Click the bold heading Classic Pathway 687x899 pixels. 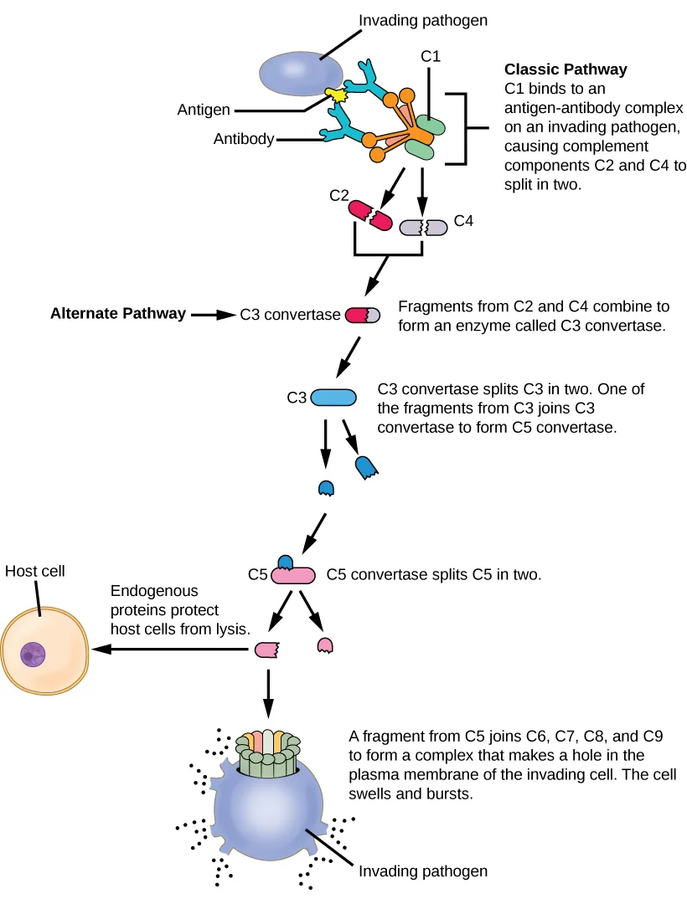tap(565, 69)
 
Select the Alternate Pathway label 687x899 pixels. tap(118, 314)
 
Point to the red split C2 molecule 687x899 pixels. tap(370, 214)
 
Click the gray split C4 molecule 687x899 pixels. tap(425, 227)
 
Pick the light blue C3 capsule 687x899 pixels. tap(334, 398)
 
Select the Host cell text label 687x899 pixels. tap(34, 572)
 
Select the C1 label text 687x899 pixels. tap(430, 56)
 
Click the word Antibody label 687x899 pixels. tap(244, 139)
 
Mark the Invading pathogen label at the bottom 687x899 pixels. tap(423, 871)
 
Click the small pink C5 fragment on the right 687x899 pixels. tap(324, 644)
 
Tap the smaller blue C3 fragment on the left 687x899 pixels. tap(327, 488)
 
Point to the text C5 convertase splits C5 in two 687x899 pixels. tap(434, 575)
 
